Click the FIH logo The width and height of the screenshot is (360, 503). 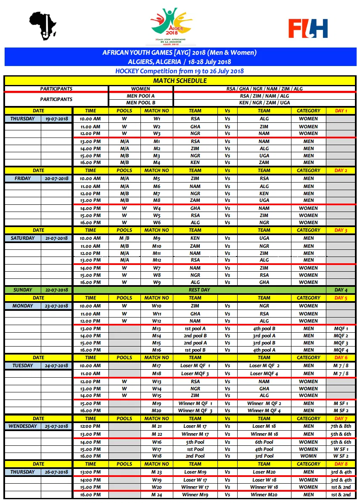(308, 28)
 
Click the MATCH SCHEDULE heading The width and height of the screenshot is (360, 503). (180, 81)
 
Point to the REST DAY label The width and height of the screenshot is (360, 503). (200, 290)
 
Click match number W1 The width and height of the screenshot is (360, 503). (156, 119)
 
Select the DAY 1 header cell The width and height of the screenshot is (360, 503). (341, 111)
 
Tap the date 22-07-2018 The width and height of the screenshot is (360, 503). (56, 290)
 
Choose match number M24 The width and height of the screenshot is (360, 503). (156, 495)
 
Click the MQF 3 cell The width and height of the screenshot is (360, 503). (341, 343)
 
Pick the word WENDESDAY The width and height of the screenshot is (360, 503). (22, 426)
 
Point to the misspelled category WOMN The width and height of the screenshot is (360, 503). (308, 456)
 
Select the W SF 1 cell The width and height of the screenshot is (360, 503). (341, 449)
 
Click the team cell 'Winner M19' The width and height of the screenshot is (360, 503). (195, 495)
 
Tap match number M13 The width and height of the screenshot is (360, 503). (156, 328)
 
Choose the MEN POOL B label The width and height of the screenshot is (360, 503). (140, 103)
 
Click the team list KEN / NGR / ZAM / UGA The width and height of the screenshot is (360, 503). (264, 103)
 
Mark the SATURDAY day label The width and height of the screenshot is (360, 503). (22, 238)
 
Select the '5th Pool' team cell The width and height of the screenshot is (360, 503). (195, 442)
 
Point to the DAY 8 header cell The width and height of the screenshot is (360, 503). (341, 464)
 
